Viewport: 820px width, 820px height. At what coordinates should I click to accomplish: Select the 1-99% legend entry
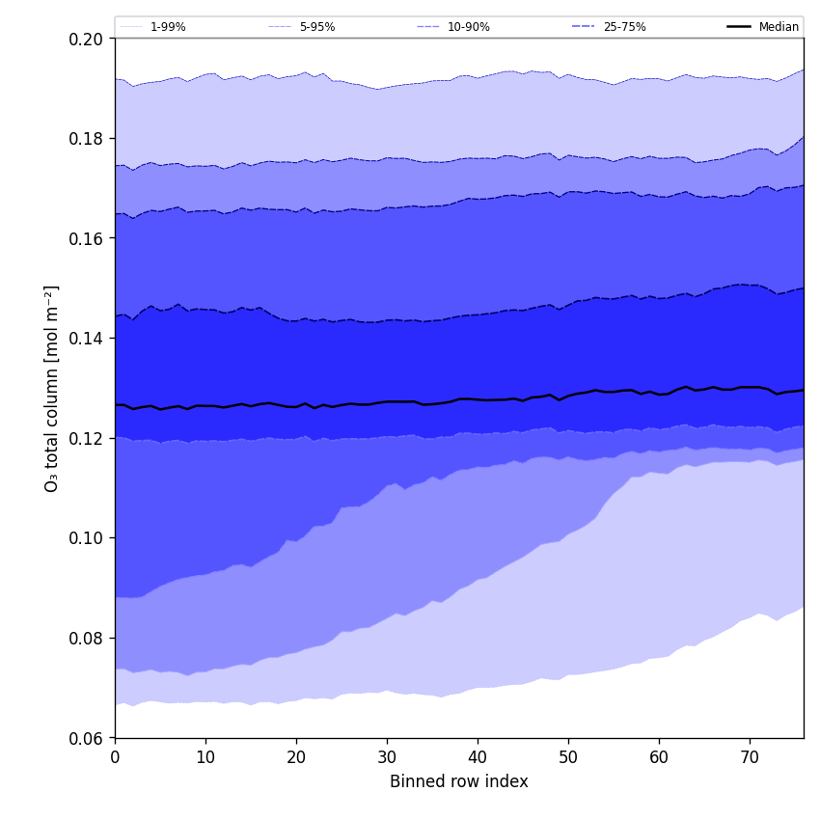(x=168, y=27)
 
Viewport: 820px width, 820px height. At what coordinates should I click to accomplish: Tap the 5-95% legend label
(x=317, y=27)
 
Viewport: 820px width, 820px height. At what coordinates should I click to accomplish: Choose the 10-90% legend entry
(x=468, y=27)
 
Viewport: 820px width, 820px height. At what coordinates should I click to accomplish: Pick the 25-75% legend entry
(x=624, y=27)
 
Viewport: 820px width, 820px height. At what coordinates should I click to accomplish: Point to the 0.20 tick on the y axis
(x=86, y=39)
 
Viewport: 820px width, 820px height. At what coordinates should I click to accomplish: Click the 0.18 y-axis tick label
(x=86, y=139)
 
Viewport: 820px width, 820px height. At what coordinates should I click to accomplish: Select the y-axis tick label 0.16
(x=86, y=238)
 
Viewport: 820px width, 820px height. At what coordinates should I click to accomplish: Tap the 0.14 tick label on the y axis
(x=86, y=339)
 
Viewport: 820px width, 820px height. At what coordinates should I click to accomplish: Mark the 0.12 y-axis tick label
(x=86, y=438)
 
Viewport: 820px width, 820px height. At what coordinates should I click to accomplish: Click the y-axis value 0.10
(x=86, y=538)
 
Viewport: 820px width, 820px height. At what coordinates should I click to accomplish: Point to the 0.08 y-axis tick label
(x=86, y=639)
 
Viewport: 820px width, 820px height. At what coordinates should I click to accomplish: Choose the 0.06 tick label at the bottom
(x=86, y=738)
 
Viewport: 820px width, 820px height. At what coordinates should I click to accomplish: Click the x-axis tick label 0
(x=115, y=757)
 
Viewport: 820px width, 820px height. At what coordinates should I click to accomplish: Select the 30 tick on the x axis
(x=387, y=757)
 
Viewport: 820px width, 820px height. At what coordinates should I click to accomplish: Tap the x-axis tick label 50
(x=568, y=757)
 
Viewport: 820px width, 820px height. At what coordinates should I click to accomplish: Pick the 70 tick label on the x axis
(x=750, y=757)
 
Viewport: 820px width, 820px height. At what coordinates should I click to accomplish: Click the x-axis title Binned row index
(x=459, y=781)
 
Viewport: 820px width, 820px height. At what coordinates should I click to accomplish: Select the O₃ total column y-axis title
(x=52, y=388)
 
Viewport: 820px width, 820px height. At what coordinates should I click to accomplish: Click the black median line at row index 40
(x=478, y=399)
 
